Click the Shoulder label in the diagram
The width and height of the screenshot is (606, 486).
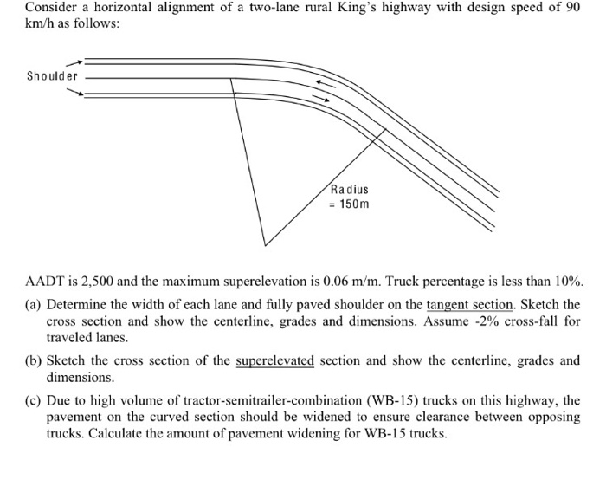pyautogui.click(x=52, y=75)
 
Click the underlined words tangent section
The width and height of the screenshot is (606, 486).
pyautogui.click(x=468, y=306)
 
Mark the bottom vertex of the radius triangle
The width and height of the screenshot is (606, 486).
pyautogui.click(x=265, y=244)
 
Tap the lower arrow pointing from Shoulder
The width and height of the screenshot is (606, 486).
pyautogui.click(x=74, y=90)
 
